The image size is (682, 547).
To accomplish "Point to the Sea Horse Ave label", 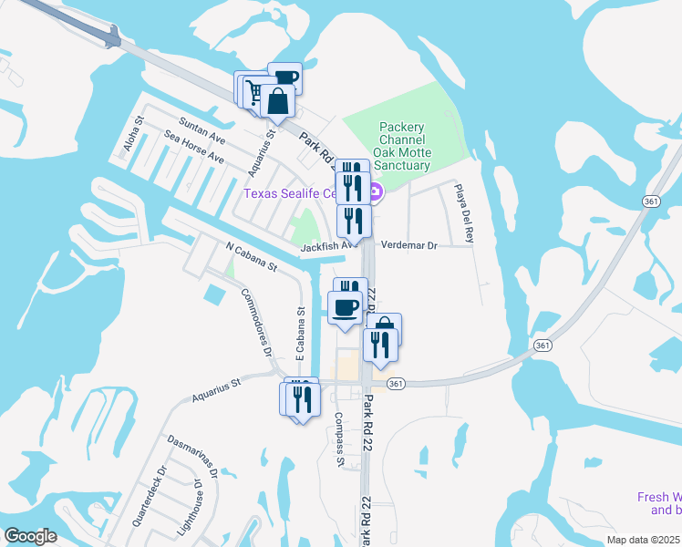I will click(194, 147).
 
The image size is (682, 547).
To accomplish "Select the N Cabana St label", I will click(251, 257).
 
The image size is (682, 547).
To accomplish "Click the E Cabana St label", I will click(300, 335).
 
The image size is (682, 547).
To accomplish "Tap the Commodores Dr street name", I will click(256, 324).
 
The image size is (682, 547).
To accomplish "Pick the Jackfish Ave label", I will click(327, 246).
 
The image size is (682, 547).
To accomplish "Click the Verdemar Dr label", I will click(408, 245).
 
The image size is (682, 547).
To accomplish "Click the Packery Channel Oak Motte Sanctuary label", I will click(402, 147).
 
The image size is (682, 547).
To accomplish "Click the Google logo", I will click(30, 536).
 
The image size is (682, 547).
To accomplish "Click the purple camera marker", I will click(377, 191).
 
